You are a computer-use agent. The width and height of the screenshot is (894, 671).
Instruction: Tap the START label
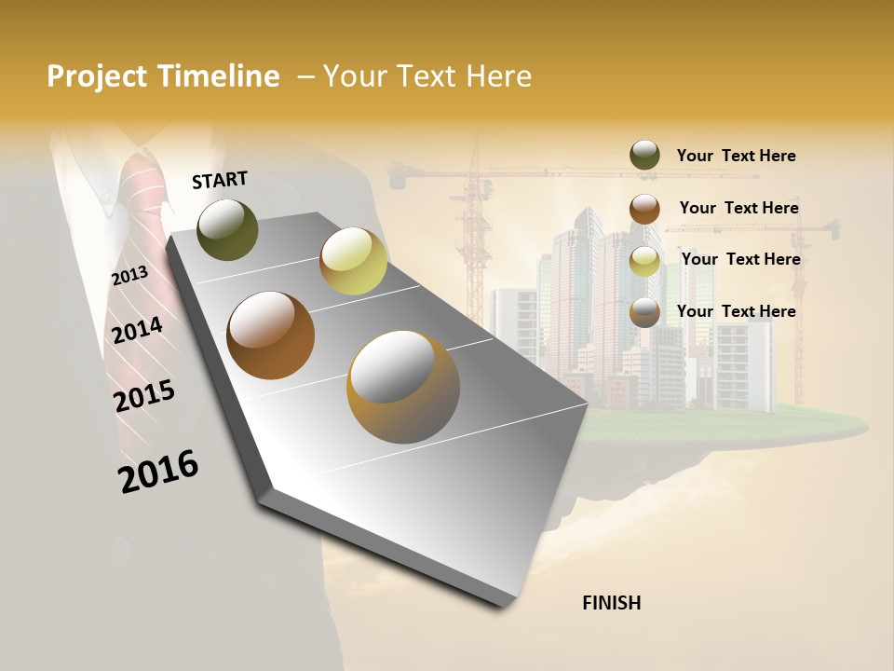[220, 180]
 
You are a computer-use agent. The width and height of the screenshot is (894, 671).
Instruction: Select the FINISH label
[611, 603]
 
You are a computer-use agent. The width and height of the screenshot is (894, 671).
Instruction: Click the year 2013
[129, 276]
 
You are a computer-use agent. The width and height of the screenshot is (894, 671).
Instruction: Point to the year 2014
[137, 330]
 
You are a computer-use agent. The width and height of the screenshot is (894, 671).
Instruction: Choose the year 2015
[144, 396]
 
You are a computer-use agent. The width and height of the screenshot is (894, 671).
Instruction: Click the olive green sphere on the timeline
[227, 229]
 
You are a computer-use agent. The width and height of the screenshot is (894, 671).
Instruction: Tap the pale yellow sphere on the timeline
[353, 261]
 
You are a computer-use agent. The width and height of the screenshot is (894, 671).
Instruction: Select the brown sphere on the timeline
[271, 335]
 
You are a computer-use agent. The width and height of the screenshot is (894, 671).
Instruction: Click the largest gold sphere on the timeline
[403, 387]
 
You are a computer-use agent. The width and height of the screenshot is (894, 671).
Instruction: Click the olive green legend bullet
[644, 156]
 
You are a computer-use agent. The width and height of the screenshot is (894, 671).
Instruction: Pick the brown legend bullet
[644, 208]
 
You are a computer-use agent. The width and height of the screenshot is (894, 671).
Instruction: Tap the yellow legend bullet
[644, 260]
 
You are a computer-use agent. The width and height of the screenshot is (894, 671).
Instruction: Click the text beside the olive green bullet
[736, 156]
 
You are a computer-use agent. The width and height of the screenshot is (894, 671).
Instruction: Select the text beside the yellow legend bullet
[740, 259]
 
